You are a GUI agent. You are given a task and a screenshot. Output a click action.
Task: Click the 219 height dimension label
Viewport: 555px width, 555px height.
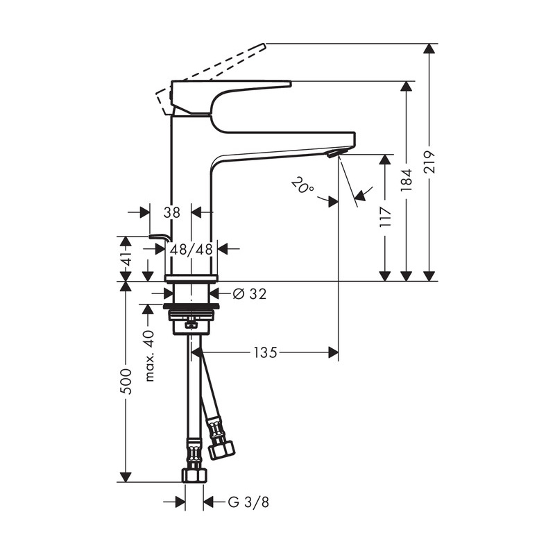pyautogui.click(x=429, y=162)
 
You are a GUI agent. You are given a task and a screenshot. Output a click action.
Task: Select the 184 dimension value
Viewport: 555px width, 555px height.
pyautogui.click(x=407, y=180)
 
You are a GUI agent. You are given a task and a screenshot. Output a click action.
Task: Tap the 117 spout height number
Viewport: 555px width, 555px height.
pyautogui.click(x=385, y=216)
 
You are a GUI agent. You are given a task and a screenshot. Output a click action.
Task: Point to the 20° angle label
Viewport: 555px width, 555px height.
pyautogui.click(x=302, y=185)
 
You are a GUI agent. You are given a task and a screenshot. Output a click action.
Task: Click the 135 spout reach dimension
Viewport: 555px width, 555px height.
pyautogui.click(x=266, y=352)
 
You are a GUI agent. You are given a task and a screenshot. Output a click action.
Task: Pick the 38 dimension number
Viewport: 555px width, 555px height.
pyautogui.click(x=171, y=212)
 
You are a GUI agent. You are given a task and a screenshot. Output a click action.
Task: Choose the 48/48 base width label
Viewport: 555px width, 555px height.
pyautogui.click(x=191, y=250)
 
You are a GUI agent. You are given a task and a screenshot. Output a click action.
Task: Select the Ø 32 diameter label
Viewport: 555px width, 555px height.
pyautogui.click(x=250, y=293)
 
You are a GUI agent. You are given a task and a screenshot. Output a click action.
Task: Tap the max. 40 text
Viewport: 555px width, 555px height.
pyautogui.click(x=150, y=356)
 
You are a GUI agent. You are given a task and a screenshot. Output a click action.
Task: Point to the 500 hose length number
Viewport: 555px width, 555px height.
pyautogui.click(x=126, y=382)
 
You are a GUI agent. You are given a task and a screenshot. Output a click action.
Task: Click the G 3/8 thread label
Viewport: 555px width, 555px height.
pyautogui.click(x=248, y=502)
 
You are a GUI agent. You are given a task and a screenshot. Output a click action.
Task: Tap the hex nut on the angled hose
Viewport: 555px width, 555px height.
pyautogui.click(x=221, y=450)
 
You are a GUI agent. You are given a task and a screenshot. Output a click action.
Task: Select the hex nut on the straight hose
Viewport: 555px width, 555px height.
pyautogui.click(x=194, y=475)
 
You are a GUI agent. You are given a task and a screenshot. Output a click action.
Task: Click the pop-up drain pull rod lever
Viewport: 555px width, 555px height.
pyautogui.click(x=159, y=237)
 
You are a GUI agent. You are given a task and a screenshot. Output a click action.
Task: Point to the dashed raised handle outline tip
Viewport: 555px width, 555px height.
pyautogui.click(x=264, y=45)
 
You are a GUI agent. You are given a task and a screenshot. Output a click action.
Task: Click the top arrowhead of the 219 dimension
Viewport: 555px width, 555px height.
pyautogui.click(x=429, y=49)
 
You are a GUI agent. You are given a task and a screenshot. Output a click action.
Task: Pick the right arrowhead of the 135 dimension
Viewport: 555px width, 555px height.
pyautogui.click(x=333, y=352)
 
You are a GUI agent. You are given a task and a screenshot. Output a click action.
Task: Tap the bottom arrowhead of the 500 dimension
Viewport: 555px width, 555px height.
pyautogui.click(x=126, y=477)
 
